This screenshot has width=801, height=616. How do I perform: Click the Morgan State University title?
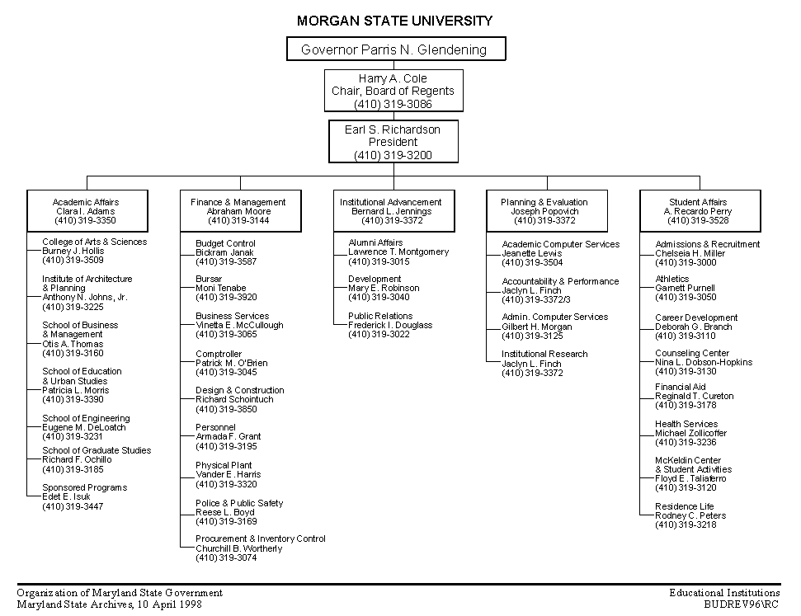tap(394, 21)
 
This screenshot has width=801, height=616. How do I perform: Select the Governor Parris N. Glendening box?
tap(396, 49)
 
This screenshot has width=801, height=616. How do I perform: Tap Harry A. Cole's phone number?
tap(393, 104)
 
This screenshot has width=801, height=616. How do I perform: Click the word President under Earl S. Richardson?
tap(393, 142)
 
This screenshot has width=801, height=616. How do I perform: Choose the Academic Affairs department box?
tap(87, 211)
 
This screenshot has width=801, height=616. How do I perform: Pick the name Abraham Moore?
tap(238, 211)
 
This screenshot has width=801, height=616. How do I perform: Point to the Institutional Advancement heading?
tap(391, 202)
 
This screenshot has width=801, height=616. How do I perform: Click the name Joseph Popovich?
tap(544, 211)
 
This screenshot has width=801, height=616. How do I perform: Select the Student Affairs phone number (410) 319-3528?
tap(698, 221)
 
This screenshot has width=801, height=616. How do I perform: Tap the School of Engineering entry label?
tap(86, 418)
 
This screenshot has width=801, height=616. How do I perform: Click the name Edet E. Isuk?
tap(66, 496)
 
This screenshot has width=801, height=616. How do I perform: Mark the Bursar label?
tap(209, 279)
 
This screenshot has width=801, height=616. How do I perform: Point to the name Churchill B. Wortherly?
tap(238, 548)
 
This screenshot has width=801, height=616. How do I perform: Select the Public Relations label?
tap(380, 316)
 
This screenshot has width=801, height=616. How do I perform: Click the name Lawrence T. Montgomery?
tap(398, 252)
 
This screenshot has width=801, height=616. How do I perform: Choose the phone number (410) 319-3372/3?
tap(536, 300)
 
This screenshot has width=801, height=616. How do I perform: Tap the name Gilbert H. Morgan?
tap(536, 327)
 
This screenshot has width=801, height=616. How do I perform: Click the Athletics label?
tap(671, 279)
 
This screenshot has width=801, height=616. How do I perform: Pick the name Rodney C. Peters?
tap(690, 516)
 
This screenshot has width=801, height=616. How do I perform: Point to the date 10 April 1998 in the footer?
tap(169, 604)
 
